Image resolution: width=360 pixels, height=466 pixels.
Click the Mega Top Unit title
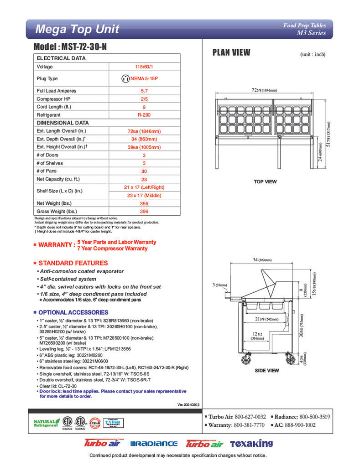(x=77, y=30)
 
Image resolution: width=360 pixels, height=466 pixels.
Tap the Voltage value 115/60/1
(x=144, y=67)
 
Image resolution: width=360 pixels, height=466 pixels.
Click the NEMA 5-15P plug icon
(x=125, y=79)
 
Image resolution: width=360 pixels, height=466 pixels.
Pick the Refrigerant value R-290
(x=144, y=115)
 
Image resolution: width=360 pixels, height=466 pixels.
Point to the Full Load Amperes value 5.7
(x=144, y=91)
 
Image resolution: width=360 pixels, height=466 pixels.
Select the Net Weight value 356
(x=144, y=203)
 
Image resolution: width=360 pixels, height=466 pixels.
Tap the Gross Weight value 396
(x=144, y=212)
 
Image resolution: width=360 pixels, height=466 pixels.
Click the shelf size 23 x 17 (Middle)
(x=144, y=195)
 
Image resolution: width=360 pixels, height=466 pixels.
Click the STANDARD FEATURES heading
(x=73, y=263)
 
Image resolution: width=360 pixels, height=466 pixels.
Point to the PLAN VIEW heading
(x=231, y=52)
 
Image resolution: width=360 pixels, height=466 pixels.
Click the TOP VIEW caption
(x=265, y=182)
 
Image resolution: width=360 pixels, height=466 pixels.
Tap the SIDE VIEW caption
(x=266, y=371)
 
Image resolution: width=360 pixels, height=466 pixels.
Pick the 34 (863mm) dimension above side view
(x=262, y=260)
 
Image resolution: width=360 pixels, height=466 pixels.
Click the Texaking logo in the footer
(x=251, y=443)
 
